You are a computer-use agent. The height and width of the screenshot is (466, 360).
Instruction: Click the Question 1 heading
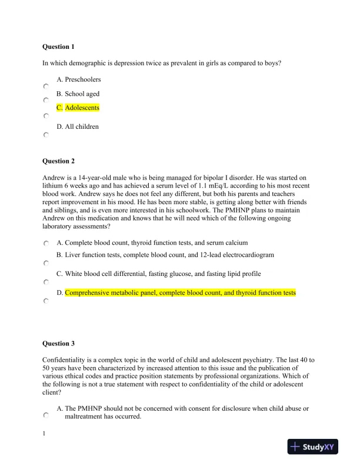(x=58, y=46)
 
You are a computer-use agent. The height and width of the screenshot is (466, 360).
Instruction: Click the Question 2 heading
(x=58, y=161)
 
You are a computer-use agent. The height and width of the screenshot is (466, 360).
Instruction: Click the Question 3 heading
(x=58, y=343)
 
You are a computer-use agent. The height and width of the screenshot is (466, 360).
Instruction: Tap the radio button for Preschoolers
(x=46, y=86)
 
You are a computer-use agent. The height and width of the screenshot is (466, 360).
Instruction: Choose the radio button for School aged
(x=46, y=100)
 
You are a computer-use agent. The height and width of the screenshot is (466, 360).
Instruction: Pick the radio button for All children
(x=46, y=135)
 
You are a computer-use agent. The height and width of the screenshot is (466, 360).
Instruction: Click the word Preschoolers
(x=82, y=79)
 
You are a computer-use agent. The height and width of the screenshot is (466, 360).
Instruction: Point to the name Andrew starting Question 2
(x=54, y=177)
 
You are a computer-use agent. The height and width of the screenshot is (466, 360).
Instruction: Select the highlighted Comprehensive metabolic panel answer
(x=180, y=292)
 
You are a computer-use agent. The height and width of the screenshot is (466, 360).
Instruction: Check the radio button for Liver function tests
(x=46, y=263)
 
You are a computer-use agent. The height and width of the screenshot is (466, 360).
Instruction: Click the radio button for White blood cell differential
(x=46, y=282)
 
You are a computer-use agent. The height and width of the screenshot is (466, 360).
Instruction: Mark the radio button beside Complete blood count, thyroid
(x=46, y=244)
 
